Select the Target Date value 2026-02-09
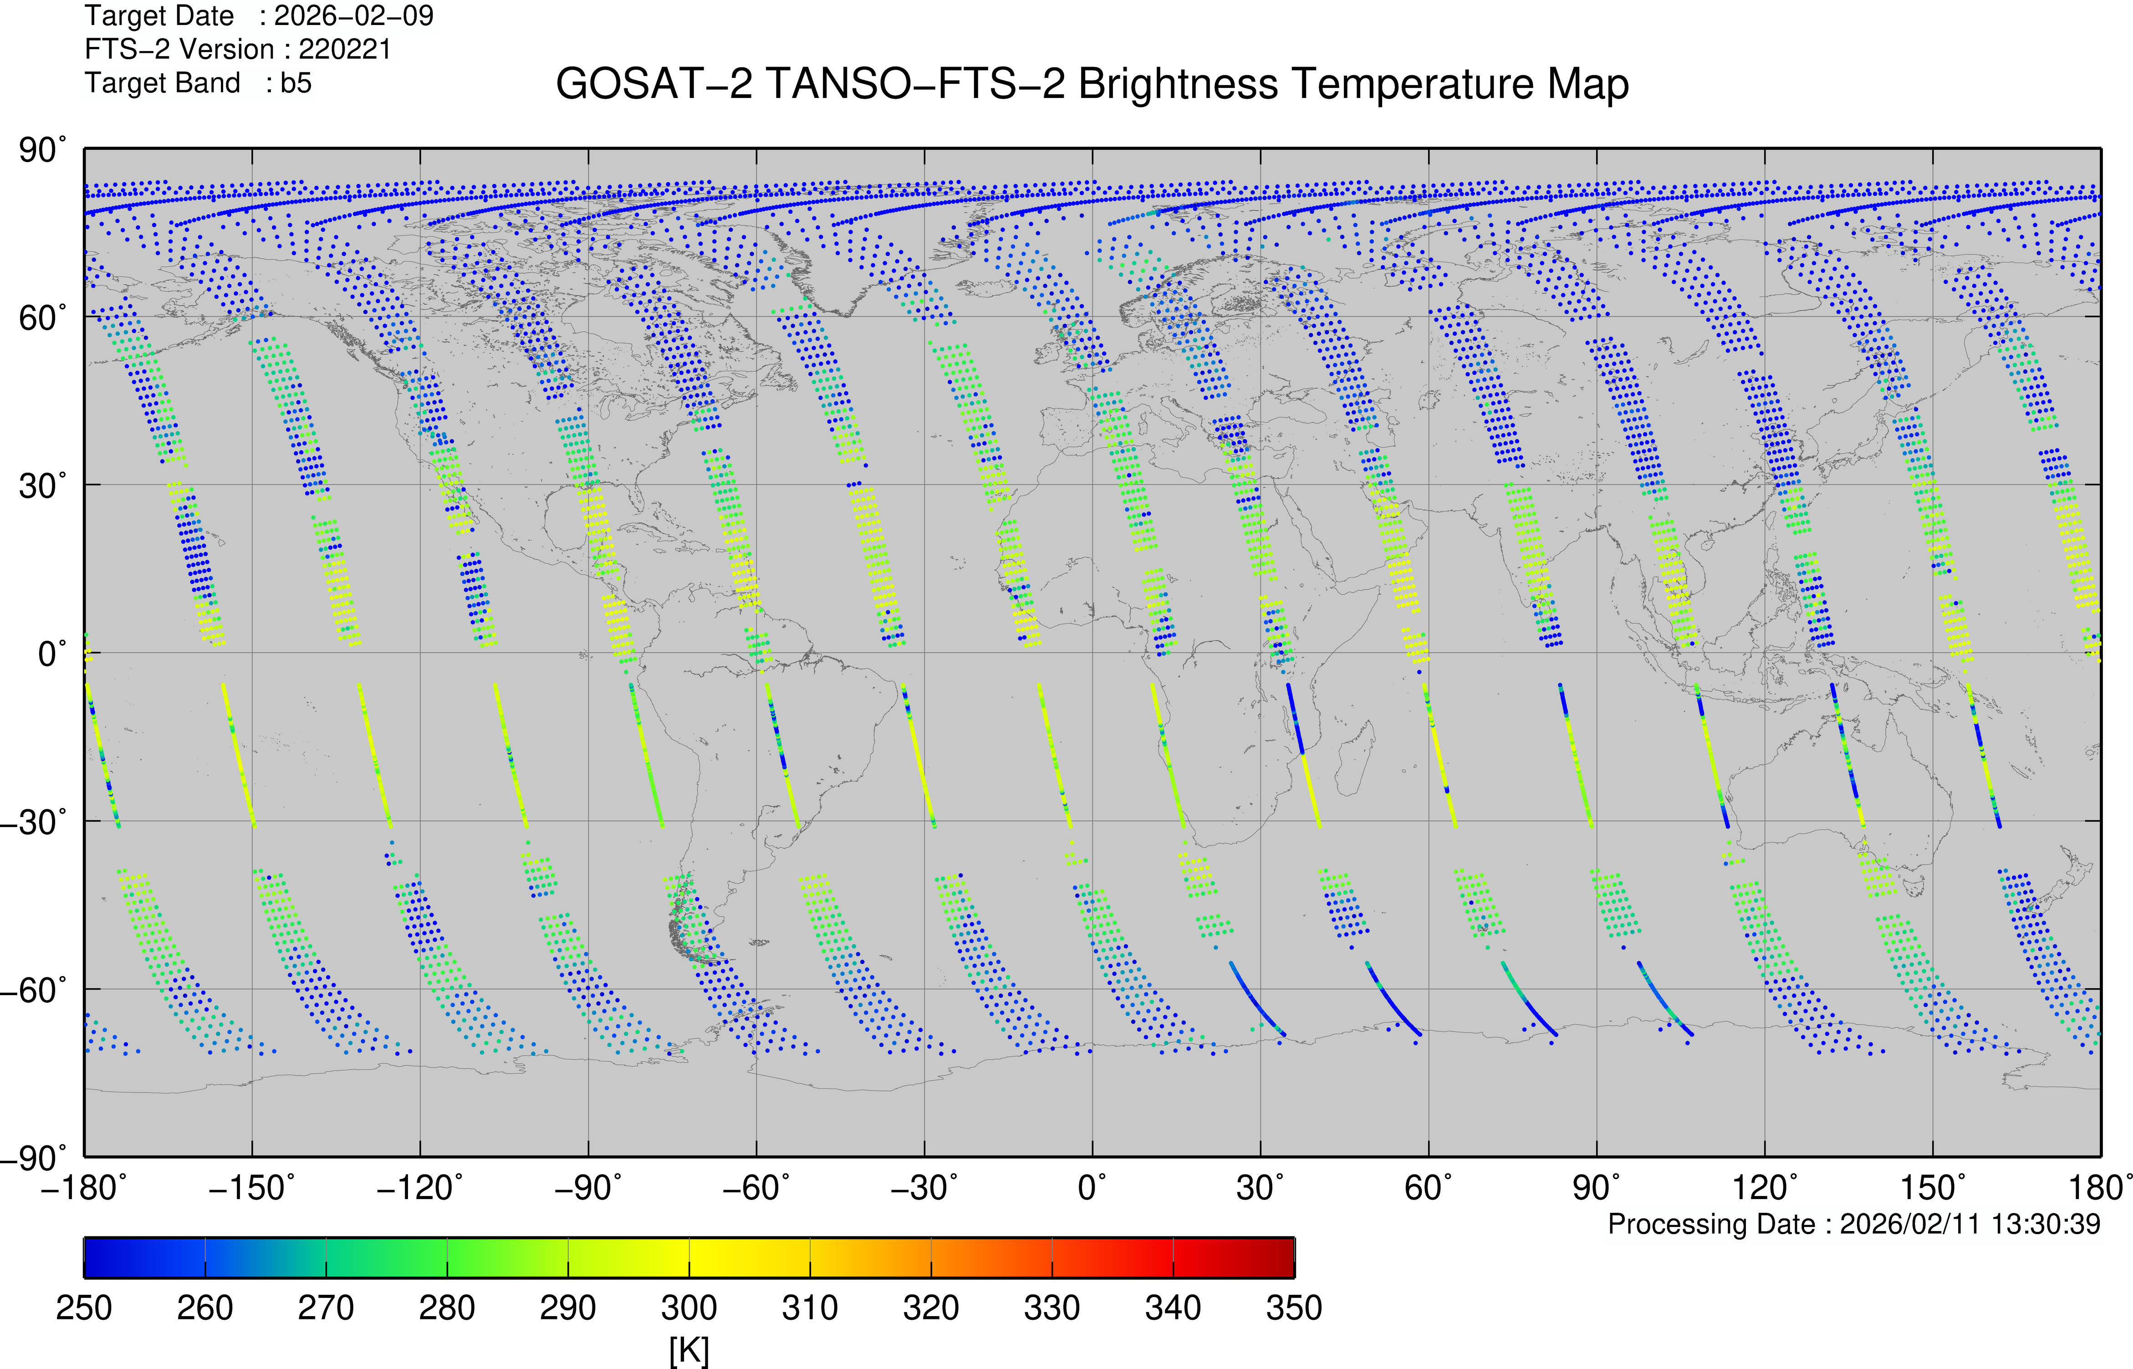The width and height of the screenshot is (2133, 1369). [x=354, y=16]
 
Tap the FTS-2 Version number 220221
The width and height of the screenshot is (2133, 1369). [x=345, y=50]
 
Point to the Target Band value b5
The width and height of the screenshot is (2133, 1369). [x=296, y=83]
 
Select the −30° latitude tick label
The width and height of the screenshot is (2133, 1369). [x=31, y=822]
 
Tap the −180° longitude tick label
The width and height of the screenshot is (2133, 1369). [x=84, y=1188]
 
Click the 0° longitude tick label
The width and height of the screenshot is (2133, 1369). [x=1092, y=1188]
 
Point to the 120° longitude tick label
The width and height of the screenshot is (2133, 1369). [x=1764, y=1188]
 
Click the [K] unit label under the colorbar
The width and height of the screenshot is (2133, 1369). [x=689, y=1351]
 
